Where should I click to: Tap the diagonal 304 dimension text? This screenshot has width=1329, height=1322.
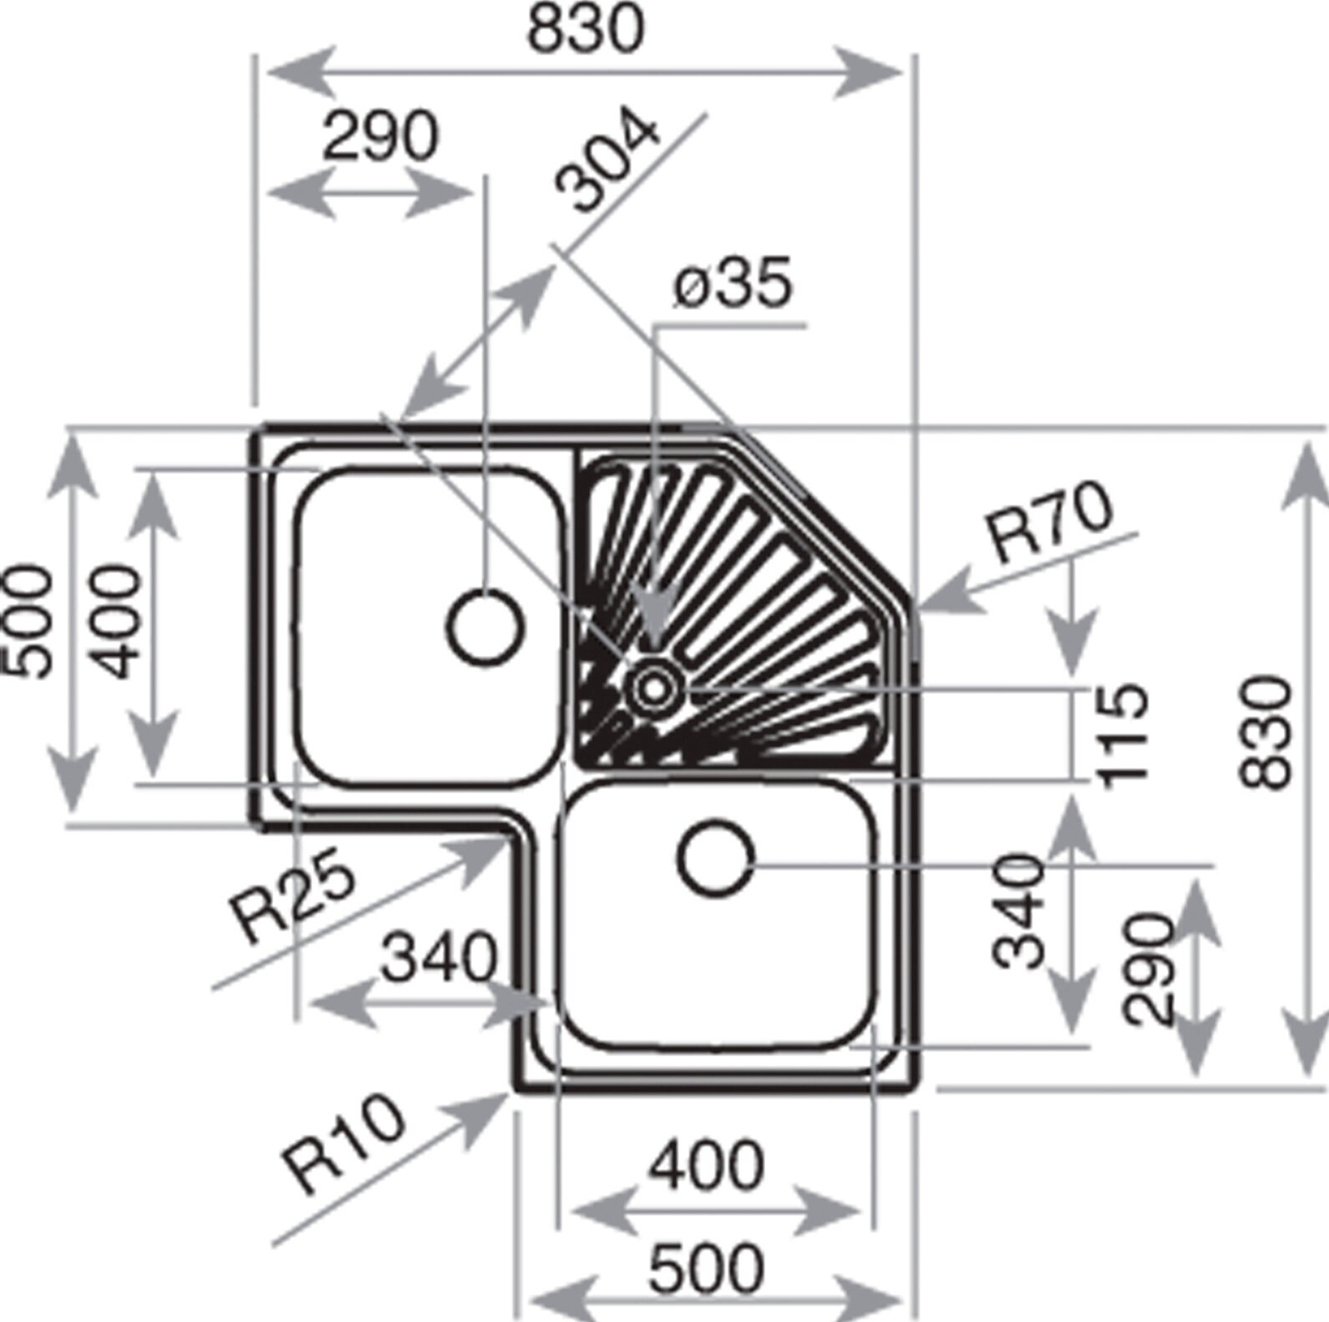click(610, 163)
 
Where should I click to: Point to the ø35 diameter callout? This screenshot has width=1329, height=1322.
click(732, 284)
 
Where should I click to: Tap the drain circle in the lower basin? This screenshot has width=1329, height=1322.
click(717, 860)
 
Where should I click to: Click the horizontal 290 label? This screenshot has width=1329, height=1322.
click(381, 136)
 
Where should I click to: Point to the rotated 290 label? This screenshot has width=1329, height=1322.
click(1149, 969)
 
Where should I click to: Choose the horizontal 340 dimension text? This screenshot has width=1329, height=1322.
click(439, 958)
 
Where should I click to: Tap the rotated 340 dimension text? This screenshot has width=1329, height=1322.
click(1020, 910)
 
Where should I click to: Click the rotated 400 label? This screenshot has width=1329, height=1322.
click(114, 621)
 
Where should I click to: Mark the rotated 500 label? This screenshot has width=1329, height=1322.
click(27, 620)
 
